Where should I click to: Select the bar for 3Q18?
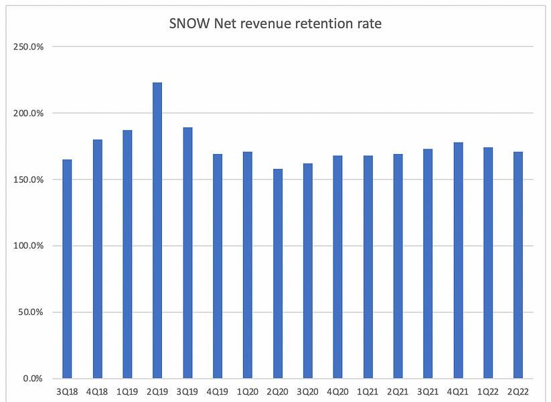tap(67, 269)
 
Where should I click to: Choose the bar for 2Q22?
tap(518, 265)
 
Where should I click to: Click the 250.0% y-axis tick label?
tap(29, 47)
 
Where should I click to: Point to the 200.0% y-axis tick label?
tap(29, 113)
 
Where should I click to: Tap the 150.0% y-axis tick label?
tap(29, 180)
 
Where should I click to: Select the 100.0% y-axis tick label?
tap(29, 246)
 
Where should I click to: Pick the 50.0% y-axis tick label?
tap(31, 312)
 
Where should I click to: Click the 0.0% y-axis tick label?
tap(33, 379)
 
